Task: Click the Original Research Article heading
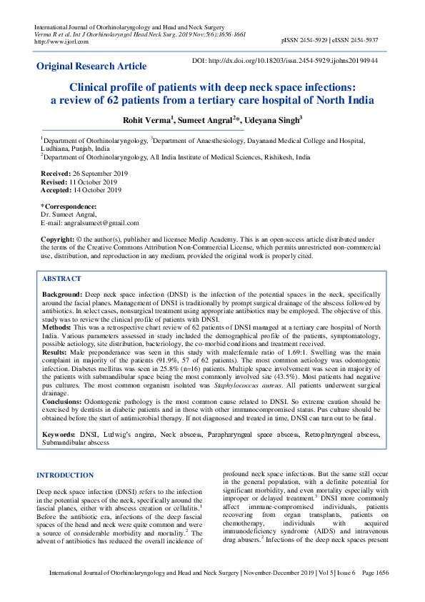click(91, 66)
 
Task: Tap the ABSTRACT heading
click(61, 279)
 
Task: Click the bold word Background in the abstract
click(61, 295)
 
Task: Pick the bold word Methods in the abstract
click(57, 326)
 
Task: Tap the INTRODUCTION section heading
click(65, 475)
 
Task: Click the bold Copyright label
click(58, 238)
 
